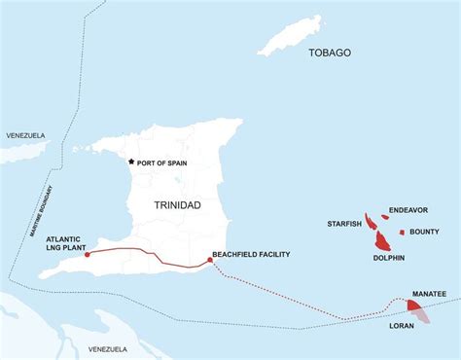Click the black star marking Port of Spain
[131, 162]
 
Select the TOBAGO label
[330, 53]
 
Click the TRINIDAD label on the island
[177, 205]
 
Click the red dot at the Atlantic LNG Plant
[88, 255]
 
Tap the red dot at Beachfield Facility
[211, 260]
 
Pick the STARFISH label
[344, 224]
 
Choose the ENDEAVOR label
[409, 210]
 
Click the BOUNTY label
[425, 232]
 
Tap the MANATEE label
[429, 293]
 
